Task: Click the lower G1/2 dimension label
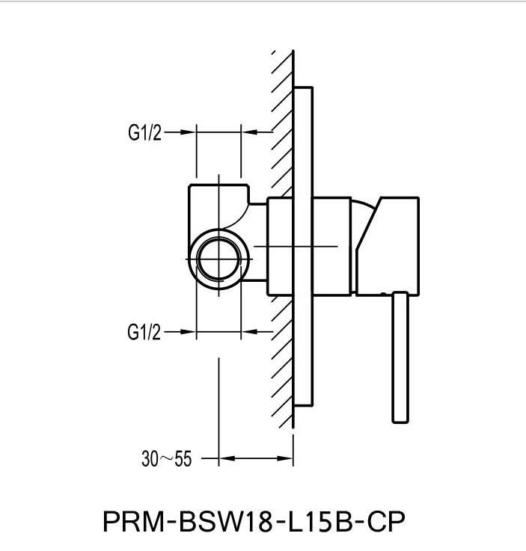144,331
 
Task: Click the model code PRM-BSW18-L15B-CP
257,521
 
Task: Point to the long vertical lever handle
399,356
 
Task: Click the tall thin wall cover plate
302,247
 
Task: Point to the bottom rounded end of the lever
399,419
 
